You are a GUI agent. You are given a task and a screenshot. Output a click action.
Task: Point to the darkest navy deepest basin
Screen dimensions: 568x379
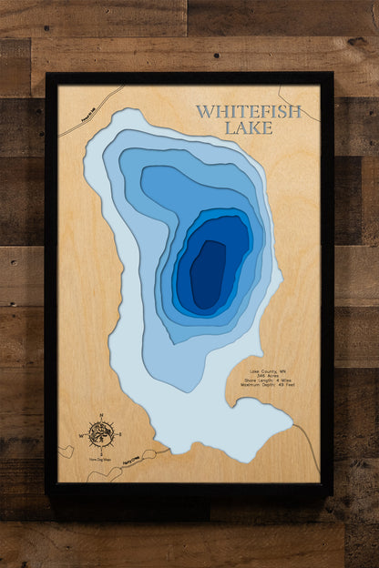pos(208,273)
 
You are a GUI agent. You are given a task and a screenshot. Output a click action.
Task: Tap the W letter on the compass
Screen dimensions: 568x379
pos(83,436)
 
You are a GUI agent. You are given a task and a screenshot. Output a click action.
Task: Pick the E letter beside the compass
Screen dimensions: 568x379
pos(119,435)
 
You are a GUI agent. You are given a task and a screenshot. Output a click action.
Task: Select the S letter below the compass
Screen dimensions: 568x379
pos(101,453)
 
